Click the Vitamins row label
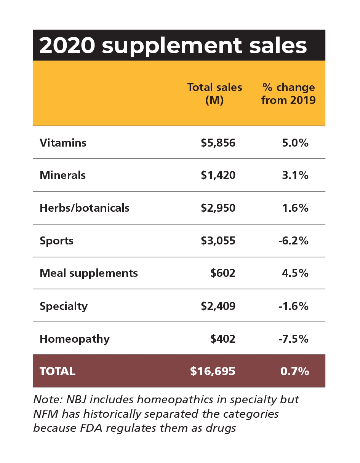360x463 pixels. click(x=63, y=143)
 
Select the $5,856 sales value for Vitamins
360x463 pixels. click(x=218, y=143)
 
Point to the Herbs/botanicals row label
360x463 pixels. click(x=85, y=208)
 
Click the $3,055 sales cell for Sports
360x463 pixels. click(x=218, y=241)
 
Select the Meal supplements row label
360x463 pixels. click(x=89, y=273)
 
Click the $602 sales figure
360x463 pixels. click(x=223, y=273)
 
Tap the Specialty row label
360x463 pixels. click(x=64, y=306)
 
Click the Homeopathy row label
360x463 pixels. click(x=75, y=339)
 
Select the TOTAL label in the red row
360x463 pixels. click(x=58, y=371)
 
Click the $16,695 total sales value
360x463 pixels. click(x=213, y=371)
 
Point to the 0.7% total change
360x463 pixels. click(x=294, y=371)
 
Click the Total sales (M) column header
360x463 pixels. click(x=214, y=94)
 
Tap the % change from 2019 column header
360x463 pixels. click(x=288, y=94)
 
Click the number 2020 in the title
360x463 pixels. click(x=67, y=46)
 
